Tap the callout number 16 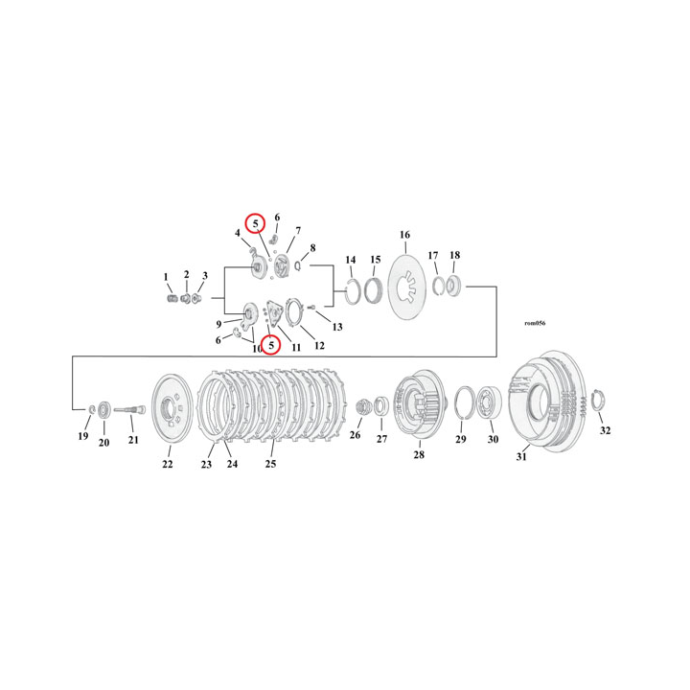point(403,235)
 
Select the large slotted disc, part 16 point(407,287)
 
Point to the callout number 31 point(522,457)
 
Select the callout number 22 point(167,465)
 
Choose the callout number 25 point(270,465)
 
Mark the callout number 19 point(82,437)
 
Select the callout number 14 point(351,260)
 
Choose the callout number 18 point(454,256)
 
